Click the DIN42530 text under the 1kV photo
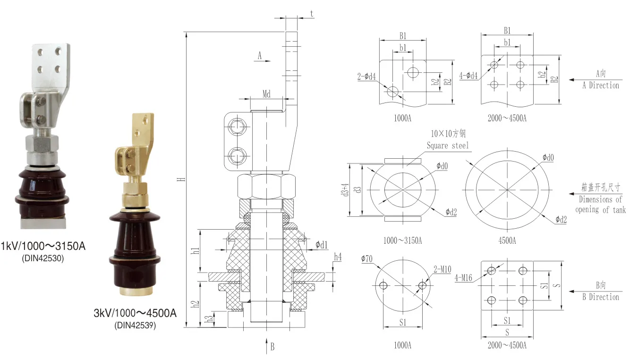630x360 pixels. click(43, 258)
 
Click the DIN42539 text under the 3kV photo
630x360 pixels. click(135, 325)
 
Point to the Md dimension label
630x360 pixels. click(266, 94)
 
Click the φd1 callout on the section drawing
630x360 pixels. click(321, 245)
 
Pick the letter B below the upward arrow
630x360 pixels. click(272, 347)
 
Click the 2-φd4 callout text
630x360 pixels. click(367, 76)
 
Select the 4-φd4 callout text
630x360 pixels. click(468, 76)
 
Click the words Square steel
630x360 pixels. click(447, 146)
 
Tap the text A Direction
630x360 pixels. click(601, 86)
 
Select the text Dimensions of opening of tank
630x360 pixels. click(600, 205)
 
